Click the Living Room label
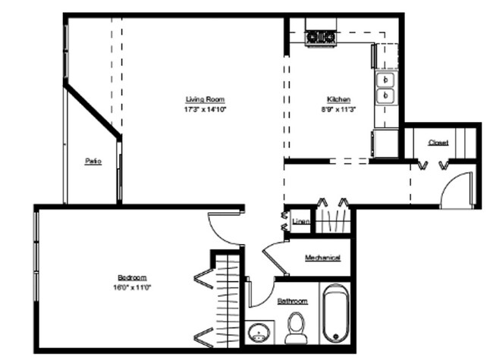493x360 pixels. [x=205, y=99]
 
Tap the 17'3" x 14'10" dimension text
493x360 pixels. [x=205, y=109]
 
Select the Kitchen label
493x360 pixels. [x=338, y=99]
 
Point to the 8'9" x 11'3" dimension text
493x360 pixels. [x=338, y=109]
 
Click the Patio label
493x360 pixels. [x=93, y=161]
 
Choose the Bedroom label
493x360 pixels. [x=132, y=277]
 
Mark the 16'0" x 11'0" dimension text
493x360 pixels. [x=132, y=287]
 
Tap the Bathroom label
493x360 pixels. [x=292, y=301]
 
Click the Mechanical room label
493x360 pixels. [x=322, y=258]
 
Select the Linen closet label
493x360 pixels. [x=300, y=221]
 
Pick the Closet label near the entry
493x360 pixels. [x=438, y=142]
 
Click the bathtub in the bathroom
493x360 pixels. [x=334, y=315]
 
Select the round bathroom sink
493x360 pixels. [x=260, y=333]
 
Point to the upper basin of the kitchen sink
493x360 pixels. [x=386, y=79]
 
